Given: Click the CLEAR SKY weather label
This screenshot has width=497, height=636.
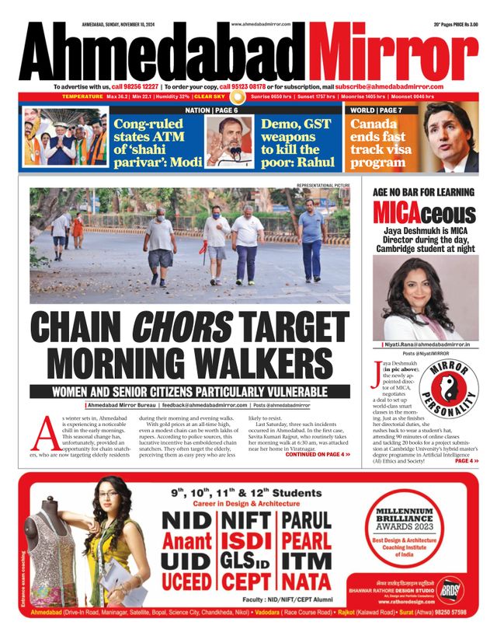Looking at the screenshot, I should (x=210, y=96).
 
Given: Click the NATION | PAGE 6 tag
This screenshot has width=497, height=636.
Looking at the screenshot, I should (x=211, y=111).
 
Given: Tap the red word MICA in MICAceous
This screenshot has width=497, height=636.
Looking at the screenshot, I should (x=398, y=212).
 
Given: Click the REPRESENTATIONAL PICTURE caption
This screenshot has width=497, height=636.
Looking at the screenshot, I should (x=322, y=185).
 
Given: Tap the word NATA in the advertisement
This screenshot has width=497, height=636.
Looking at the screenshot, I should (x=306, y=580).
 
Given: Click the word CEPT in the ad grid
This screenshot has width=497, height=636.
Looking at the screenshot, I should (x=245, y=580).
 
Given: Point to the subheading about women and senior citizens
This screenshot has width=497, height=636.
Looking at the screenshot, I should (x=189, y=391).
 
